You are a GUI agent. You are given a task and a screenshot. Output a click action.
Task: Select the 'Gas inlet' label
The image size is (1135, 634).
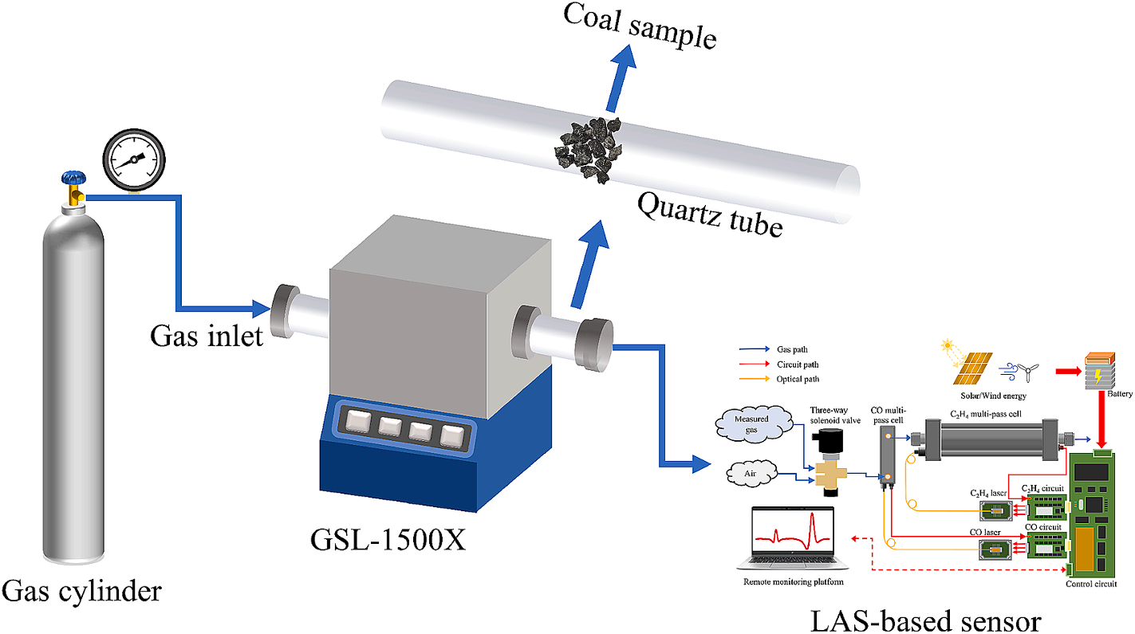click(x=207, y=337)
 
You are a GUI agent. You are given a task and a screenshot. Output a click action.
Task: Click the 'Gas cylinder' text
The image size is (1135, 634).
click(x=81, y=592)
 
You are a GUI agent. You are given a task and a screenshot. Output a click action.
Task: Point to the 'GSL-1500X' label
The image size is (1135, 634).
click(x=388, y=541)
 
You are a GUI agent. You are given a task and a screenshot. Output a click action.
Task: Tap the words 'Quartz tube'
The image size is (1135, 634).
click(x=709, y=215)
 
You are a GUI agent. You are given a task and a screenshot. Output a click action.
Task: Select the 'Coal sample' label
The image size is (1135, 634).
click(x=640, y=24)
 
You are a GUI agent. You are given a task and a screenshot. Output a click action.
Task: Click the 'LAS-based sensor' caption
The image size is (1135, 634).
click(x=925, y=620)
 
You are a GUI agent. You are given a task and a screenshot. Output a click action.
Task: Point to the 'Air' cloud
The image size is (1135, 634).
click(x=751, y=474)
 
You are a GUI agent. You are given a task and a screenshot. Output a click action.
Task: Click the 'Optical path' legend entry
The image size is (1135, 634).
click(x=797, y=379)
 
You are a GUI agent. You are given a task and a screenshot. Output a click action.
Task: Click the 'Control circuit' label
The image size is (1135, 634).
click(x=1091, y=584)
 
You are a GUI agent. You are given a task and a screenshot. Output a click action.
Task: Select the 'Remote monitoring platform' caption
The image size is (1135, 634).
click(x=793, y=582)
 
